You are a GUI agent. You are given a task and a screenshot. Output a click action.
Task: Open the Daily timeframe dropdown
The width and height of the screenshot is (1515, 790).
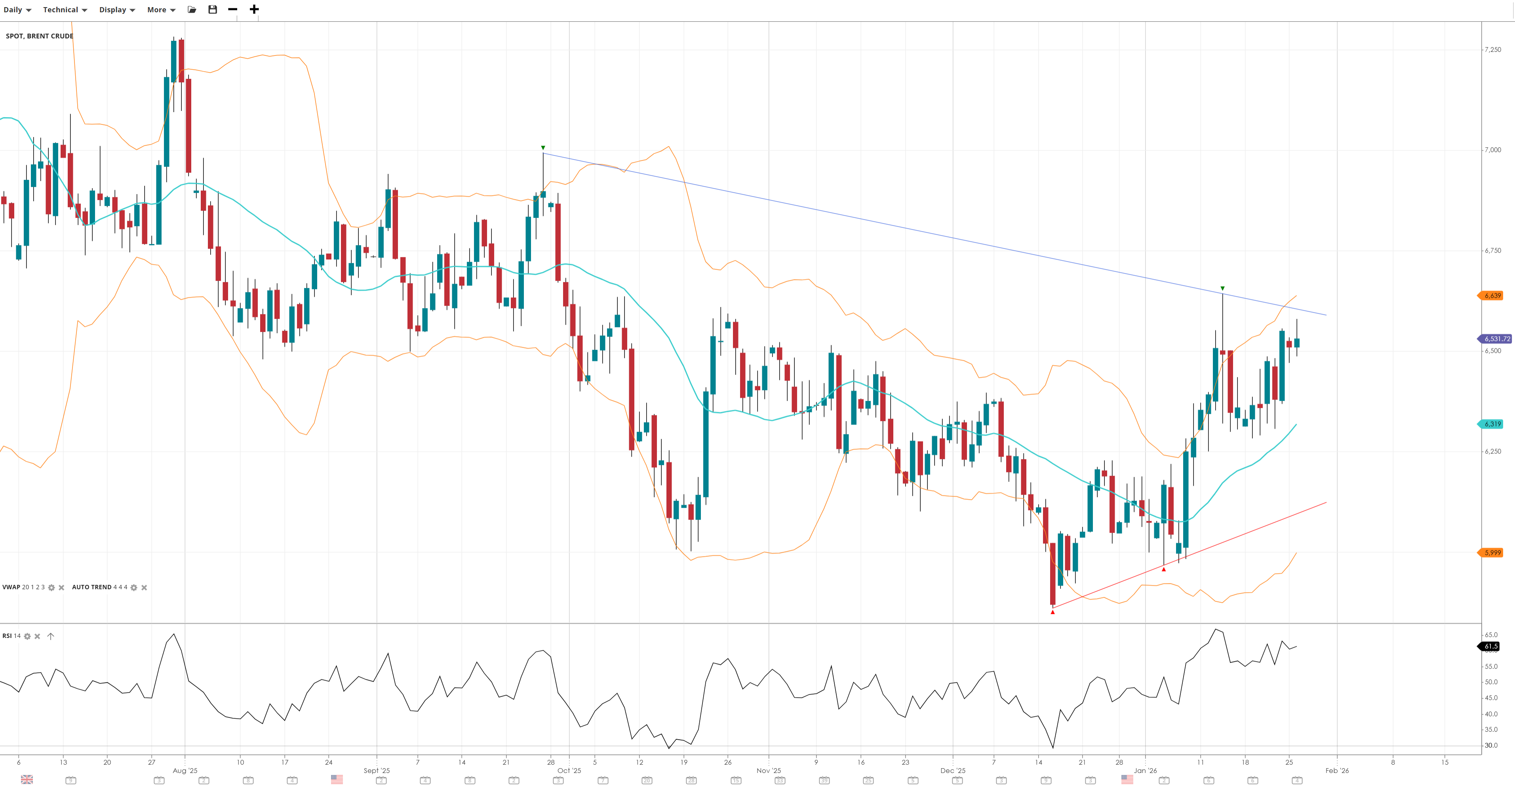(17, 10)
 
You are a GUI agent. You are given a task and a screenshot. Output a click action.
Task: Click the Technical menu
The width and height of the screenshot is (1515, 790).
(65, 10)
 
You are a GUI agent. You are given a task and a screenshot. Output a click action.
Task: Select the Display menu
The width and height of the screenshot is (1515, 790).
(116, 10)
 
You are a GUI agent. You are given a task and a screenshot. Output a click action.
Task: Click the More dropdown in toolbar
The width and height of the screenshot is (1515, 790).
(160, 10)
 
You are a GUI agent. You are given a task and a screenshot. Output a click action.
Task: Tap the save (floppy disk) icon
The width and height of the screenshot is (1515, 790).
(212, 10)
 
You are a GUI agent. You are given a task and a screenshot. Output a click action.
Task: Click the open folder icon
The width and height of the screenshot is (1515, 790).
(192, 10)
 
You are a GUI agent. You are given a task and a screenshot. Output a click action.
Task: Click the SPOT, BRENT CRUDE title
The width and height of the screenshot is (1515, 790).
(40, 36)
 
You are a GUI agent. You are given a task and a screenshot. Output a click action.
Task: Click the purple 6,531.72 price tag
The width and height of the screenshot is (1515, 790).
(1496, 339)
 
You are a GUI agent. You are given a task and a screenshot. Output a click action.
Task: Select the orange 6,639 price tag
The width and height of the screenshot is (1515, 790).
(1492, 296)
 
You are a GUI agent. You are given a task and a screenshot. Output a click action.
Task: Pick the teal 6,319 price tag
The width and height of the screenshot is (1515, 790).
(1492, 424)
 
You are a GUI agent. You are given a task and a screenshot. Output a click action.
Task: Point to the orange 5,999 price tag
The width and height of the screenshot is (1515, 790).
(1492, 553)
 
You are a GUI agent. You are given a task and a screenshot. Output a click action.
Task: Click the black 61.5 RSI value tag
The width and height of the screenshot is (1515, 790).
(1490, 647)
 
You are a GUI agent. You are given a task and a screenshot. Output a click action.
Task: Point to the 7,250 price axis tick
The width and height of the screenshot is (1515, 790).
(1493, 50)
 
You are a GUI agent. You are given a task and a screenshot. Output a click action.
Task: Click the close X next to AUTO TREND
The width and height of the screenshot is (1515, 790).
(144, 588)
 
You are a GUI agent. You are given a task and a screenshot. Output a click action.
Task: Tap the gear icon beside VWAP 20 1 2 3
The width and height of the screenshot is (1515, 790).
(51, 588)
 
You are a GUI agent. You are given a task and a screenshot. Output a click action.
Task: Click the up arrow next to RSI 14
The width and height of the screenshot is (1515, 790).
(51, 636)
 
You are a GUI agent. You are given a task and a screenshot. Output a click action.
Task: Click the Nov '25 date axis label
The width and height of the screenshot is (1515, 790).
(768, 771)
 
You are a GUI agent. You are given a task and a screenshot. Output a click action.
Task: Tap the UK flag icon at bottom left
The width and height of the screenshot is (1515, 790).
(27, 779)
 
